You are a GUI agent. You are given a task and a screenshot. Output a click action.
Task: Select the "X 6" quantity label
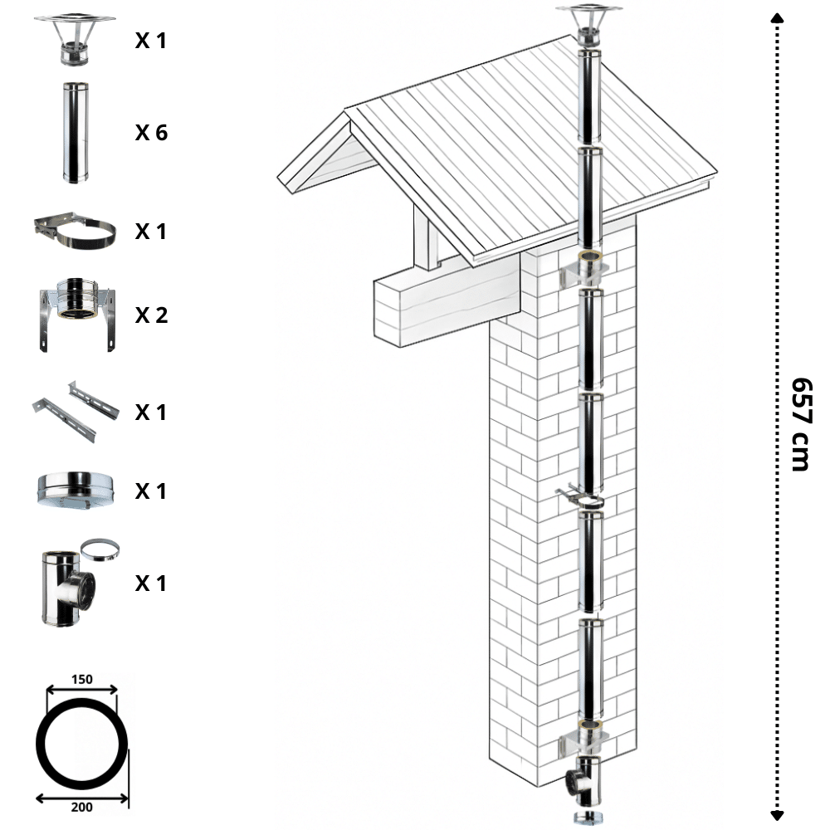(x=151, y=132)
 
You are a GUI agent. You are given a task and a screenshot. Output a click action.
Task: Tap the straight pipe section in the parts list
(x=76, y=133)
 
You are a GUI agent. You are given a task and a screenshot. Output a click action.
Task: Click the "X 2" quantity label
(x=151, y=315)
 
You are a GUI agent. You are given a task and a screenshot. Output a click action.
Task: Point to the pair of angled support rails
(x=76, y=412)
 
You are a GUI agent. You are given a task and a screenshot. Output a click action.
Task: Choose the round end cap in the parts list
(x=76, y=491)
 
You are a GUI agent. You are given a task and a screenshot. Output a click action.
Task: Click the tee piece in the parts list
(x=68, y=588)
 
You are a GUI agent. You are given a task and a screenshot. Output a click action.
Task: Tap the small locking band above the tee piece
(x=100, y=549)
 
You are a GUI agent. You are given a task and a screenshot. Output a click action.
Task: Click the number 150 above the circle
(x=81, y=679)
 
